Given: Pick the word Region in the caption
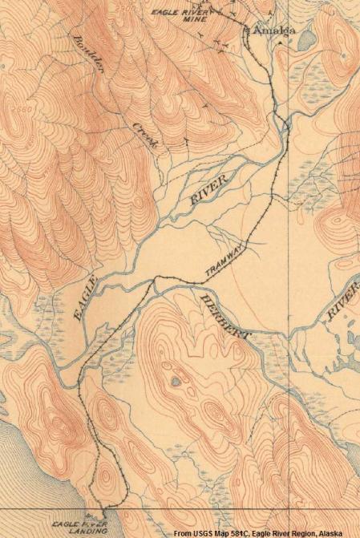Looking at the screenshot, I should click(x=305, y=531).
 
